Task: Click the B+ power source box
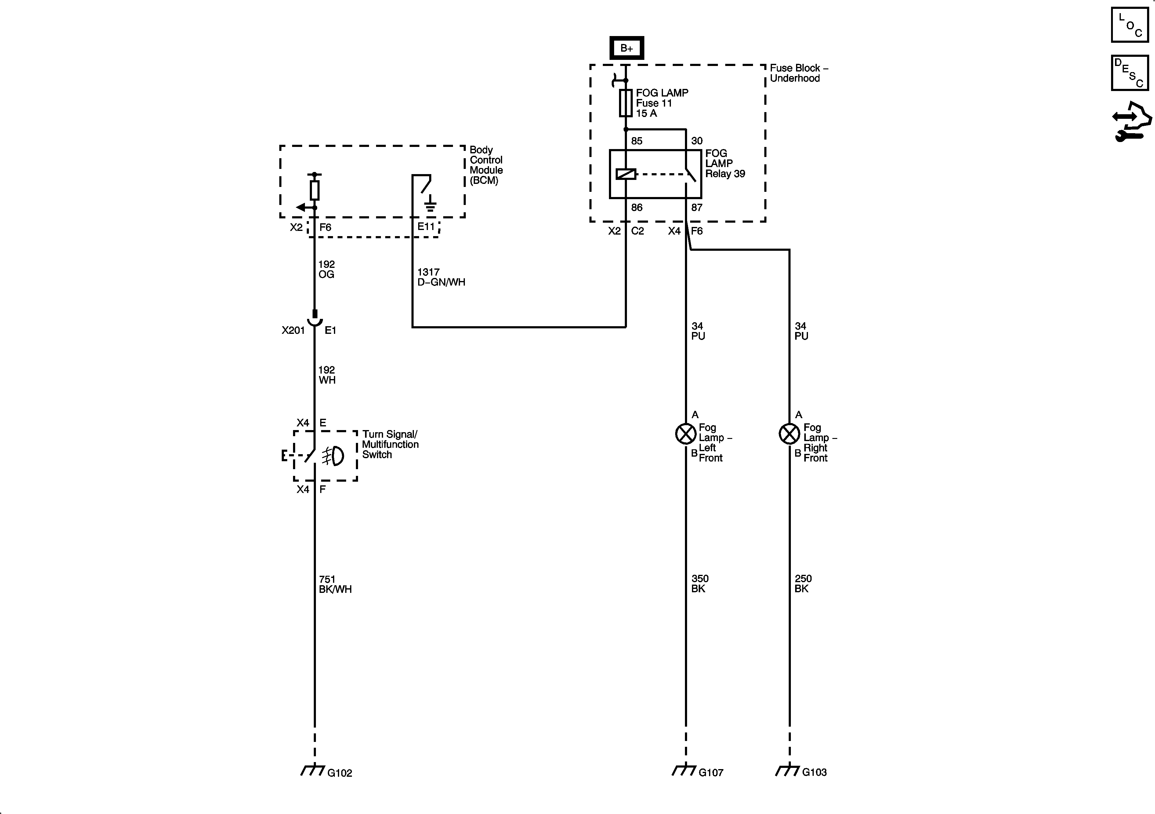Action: click(x=626, y=48)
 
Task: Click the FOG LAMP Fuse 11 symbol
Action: click(x=625, y=103)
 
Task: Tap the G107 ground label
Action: click(x=711, y=772)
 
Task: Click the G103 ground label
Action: click(x=814, y=772)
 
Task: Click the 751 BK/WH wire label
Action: click(x=335, y=584)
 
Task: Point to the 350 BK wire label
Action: click(x=699, y=583)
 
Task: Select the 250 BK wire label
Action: click(x=803, y=583)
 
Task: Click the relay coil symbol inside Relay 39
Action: click(x=626, y=174)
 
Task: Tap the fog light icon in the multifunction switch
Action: click(x=333, y=456)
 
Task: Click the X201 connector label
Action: click(x=293, y=330)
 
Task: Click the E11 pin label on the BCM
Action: click(x=425, y=227)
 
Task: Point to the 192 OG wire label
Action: click(x=327, y=269)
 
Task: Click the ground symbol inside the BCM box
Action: click(x=430, y=205)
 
